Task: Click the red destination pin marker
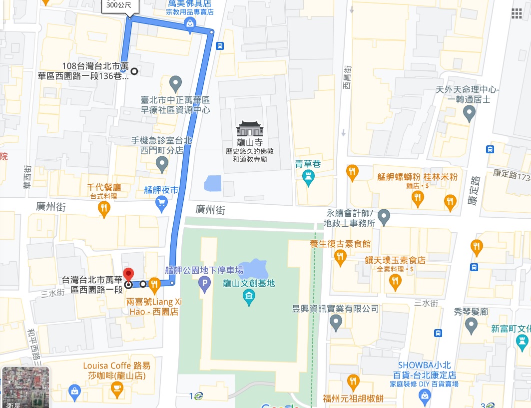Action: [x=128, y=275]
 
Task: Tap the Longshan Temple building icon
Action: [x=249, y=128]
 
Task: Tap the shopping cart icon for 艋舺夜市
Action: [x=161, y=203]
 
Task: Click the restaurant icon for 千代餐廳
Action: [x=104, y=210]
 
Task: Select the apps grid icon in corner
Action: [x=517, y=13]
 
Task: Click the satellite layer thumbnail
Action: [x=26, y=387]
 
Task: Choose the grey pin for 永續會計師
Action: [x=384, y=217]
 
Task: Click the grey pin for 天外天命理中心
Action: [x=469, y=114]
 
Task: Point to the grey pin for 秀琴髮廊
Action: [x=471, y=326]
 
